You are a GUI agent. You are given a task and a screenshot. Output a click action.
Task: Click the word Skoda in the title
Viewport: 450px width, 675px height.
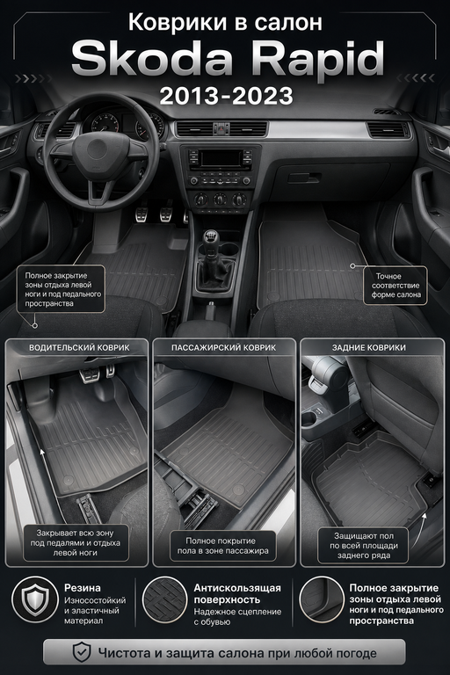click(152, 58)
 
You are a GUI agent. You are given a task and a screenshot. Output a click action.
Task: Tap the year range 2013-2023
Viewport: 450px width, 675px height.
click(226, 96)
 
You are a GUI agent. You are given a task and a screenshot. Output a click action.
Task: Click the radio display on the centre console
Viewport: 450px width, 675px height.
click(220, 157)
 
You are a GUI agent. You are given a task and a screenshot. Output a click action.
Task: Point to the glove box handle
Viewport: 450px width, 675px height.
click(304, 178)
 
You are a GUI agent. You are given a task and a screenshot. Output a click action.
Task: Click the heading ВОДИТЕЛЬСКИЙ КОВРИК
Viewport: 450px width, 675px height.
click(79, 347)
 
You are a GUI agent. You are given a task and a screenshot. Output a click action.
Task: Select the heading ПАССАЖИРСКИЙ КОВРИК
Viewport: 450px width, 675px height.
click(224, 347)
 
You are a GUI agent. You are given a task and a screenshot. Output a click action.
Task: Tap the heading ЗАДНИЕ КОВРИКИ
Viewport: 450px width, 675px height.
click(368, 347)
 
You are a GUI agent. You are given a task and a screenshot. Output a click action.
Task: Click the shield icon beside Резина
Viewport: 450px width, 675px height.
click(35, 600)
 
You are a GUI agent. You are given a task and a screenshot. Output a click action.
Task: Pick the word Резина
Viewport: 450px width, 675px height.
click(83, 588)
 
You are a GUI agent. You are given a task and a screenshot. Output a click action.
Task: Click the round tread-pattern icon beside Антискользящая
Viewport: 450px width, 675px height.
click(164, 600)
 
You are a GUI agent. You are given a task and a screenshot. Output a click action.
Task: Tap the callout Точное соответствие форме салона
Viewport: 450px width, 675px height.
click(396, 286)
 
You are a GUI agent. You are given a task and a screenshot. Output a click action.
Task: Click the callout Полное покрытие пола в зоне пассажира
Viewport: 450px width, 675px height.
click(222, 546)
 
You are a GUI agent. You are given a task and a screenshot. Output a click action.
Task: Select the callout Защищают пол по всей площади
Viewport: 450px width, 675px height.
click(364, 546)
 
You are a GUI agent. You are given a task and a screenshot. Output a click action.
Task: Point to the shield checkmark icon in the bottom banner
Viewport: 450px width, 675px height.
click(82, 653)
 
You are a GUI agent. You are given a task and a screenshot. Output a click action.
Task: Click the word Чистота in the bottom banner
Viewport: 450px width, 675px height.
click(124, 653)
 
